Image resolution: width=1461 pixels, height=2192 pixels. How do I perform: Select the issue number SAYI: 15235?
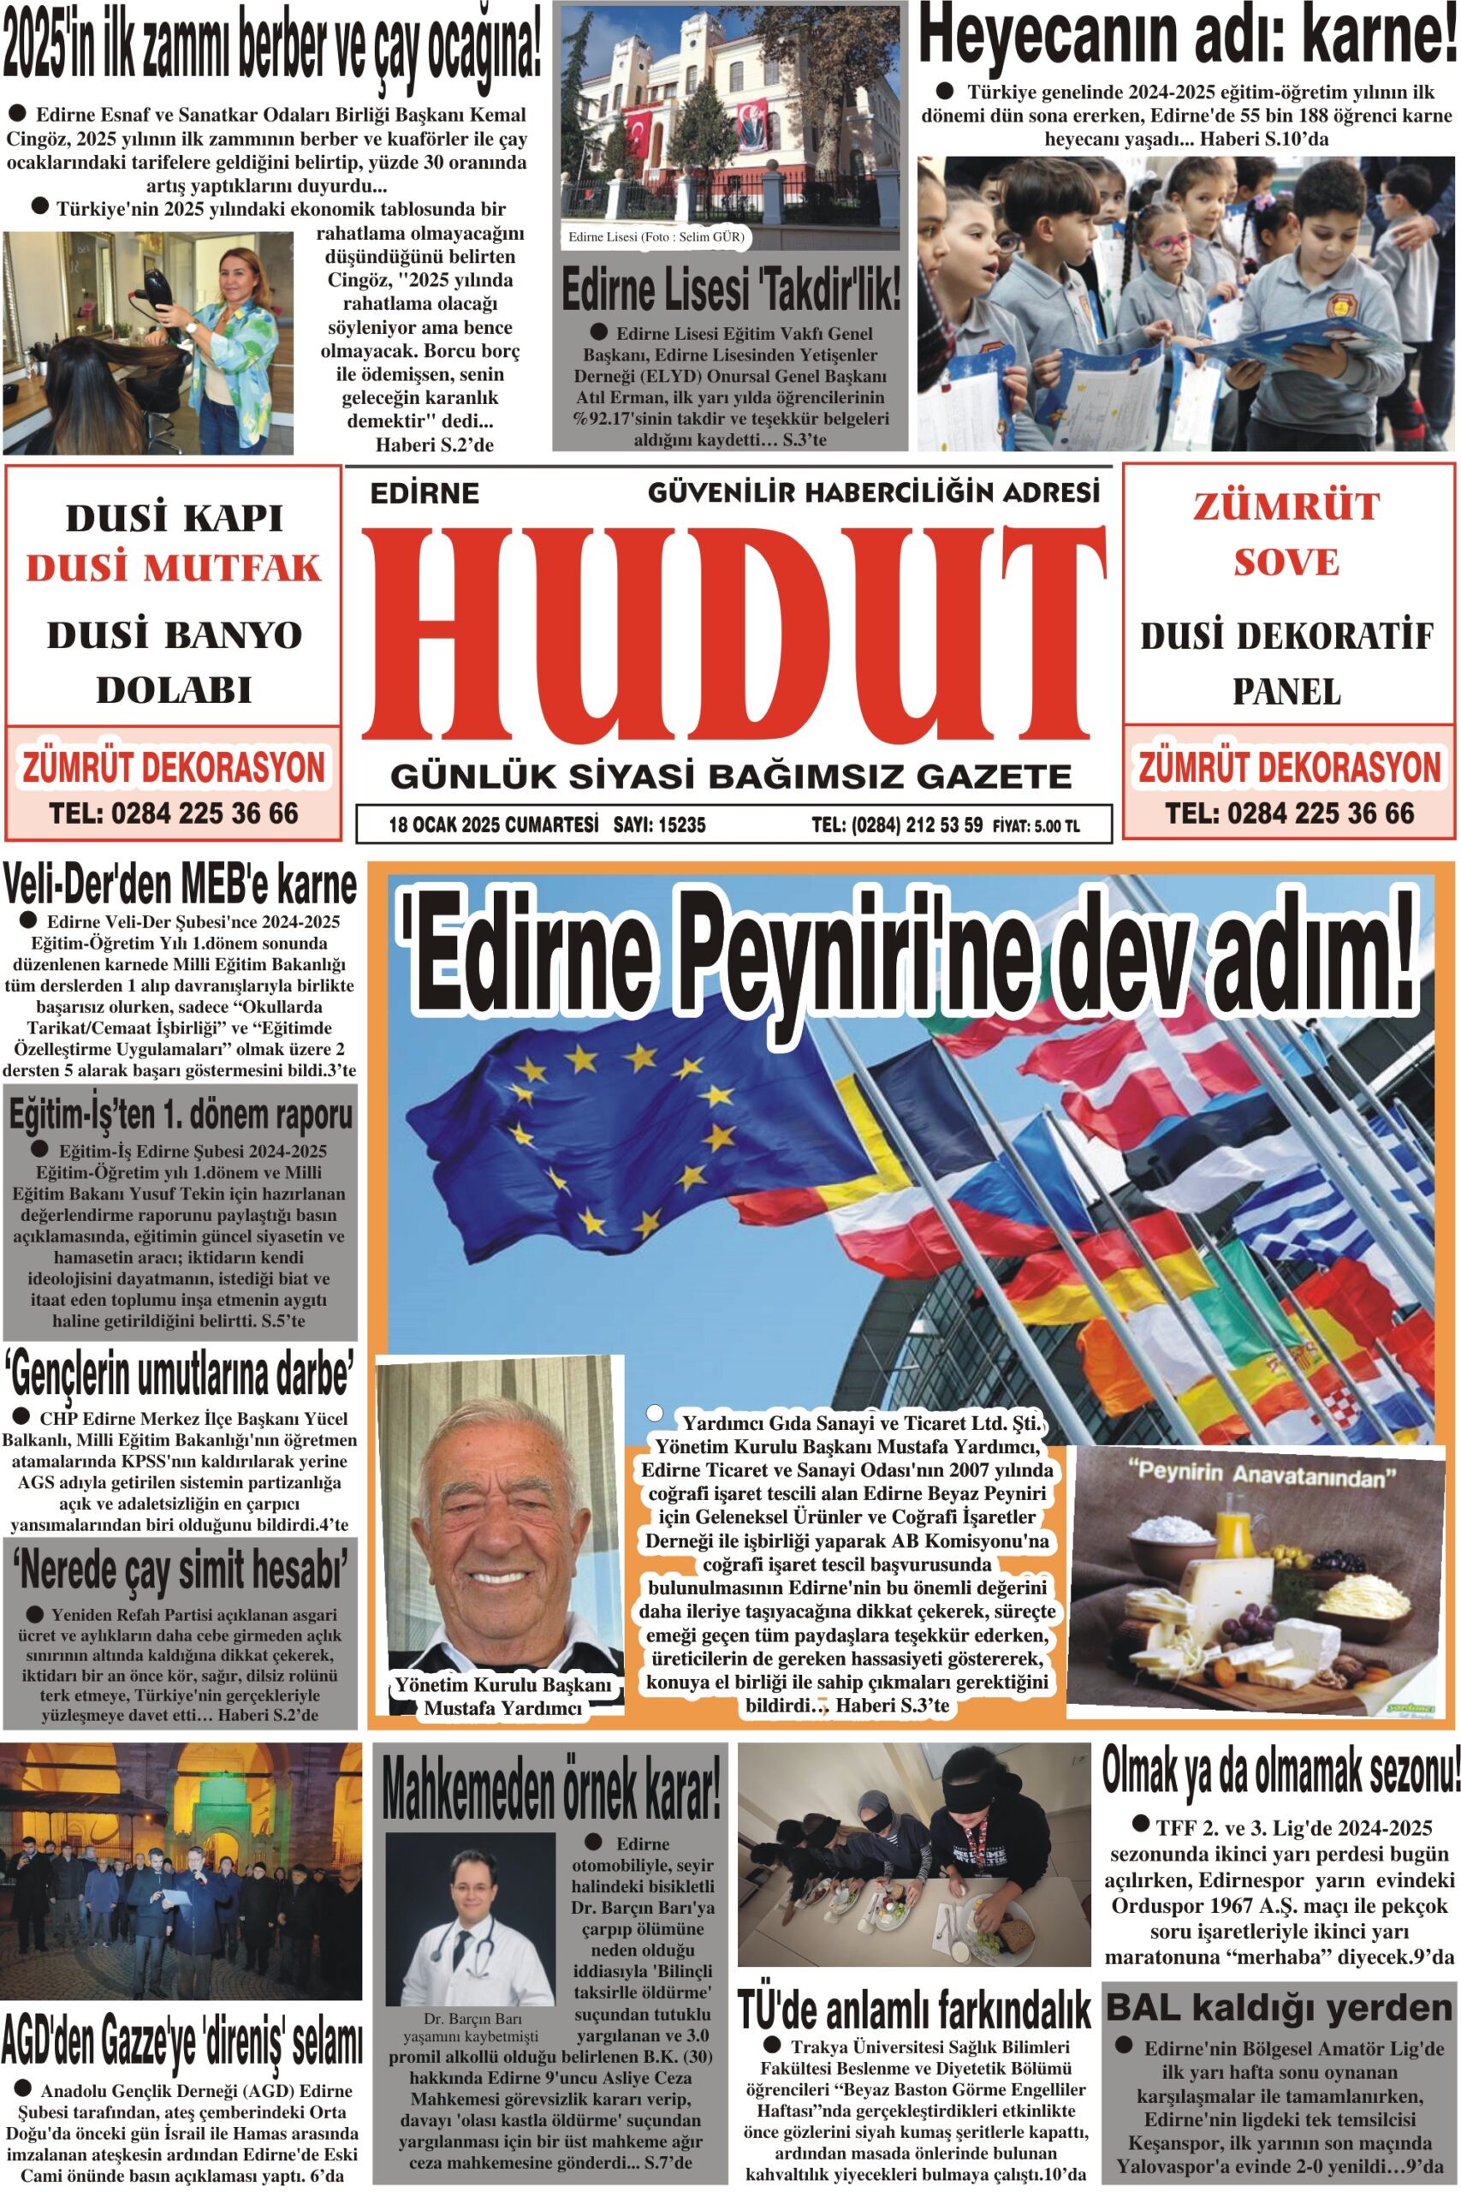pyautogui.click(x=660, y=824)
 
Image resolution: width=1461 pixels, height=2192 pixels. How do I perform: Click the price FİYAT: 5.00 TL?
pyautogui.click(x=1036, y=825)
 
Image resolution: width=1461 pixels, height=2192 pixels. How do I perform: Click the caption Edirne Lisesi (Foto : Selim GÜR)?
pyautogui.click(x=656, y=236)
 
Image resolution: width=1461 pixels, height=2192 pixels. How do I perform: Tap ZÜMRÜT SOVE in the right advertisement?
pyautogui.click(x=1286, y=534)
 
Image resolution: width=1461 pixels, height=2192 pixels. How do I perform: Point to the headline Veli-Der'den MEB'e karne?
pyautogui.click(x=180, y=885)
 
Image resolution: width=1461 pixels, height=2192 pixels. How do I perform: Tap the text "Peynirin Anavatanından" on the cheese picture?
pyautogui.click(x=1262, y=1475)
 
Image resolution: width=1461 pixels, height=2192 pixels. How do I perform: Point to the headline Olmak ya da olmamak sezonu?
pyautogui.click(x=1280, y=1771)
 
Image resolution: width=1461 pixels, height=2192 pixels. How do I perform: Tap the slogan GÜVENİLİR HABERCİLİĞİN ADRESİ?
pyautogui.click(x=873, y=491)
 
